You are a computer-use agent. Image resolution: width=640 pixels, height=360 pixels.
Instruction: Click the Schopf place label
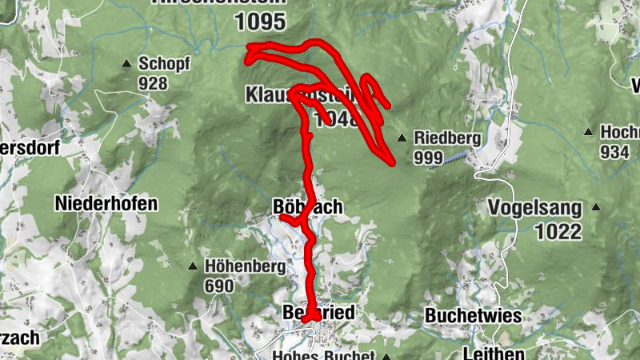[164, 63]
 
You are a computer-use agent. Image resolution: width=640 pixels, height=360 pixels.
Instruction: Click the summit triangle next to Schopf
[126, 63]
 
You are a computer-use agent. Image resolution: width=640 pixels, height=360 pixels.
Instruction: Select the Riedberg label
[448, 138]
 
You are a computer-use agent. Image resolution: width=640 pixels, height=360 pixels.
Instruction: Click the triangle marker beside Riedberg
[402, 137]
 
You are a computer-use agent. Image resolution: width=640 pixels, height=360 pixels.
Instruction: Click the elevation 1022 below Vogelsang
[548, 232]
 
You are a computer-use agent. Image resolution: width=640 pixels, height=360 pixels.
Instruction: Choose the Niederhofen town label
[106, 203]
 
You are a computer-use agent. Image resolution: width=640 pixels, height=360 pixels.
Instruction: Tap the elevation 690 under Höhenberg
[218, 286]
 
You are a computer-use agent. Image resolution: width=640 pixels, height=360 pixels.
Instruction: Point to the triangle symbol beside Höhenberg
[192, 266]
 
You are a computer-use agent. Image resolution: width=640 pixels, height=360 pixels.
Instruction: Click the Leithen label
[494, 353]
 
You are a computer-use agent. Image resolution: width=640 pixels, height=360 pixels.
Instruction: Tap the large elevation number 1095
[261, 22]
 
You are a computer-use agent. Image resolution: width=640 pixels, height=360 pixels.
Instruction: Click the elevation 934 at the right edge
[615, 152]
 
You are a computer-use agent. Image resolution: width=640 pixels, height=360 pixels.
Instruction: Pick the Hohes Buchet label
[324, 355]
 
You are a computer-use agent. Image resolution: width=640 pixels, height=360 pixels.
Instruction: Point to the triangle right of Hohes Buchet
[386, 356]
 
